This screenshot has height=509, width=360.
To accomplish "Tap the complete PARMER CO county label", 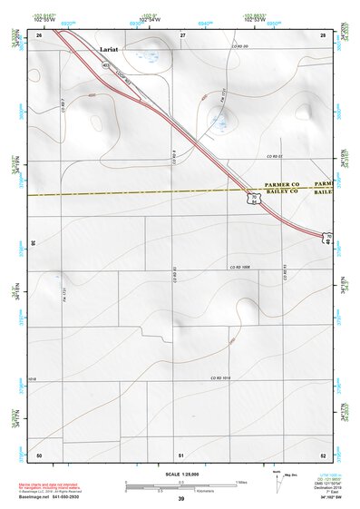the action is (281, 184).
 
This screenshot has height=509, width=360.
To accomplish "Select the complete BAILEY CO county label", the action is (281, 192).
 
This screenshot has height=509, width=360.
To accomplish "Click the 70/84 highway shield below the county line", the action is (257, 201).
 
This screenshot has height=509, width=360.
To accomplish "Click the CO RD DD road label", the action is (239, 44).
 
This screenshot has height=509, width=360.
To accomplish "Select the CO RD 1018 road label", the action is (222, 377).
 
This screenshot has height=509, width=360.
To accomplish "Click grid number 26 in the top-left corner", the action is (39, 34).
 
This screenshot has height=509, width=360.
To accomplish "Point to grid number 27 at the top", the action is (182, 34).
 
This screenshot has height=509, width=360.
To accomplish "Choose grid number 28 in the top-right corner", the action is (323, 34).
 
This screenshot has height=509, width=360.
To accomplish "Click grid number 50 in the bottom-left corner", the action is (39, 454).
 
